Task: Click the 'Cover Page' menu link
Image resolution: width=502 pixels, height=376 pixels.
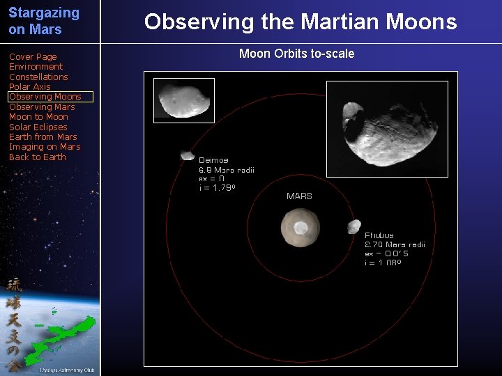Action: tap(33, 57)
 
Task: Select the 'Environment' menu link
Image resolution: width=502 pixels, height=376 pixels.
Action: tap(36, 67)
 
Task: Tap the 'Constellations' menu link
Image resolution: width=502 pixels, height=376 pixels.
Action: tap(38, 77)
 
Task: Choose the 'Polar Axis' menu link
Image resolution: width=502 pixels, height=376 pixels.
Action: tap(29, 87)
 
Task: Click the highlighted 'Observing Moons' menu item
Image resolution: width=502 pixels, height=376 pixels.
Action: tap(45, 97)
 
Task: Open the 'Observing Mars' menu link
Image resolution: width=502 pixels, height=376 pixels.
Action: tap(42, 107)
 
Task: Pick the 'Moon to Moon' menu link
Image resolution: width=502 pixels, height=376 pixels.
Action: tap(38, 117)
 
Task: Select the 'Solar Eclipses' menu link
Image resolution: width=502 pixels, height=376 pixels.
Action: tap(38, 127)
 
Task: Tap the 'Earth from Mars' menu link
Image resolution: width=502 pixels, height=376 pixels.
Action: tap(43, 137)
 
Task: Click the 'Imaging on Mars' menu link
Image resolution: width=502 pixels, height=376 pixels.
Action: tap(45, 147)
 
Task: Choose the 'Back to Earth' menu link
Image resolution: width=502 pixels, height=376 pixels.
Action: tap(37, 157)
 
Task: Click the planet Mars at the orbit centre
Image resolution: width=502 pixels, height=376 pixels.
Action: tap(300, 227)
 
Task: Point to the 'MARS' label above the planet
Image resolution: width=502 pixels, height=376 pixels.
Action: tap(299, 196)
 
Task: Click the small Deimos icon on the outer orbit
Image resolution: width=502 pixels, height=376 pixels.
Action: tap(187, 156)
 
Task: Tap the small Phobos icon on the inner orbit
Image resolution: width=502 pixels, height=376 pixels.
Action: tap(353, 226)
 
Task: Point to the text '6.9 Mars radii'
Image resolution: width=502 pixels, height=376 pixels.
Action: tap(227, 169)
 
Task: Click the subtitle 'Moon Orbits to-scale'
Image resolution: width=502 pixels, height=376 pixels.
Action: tap(296, 54)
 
